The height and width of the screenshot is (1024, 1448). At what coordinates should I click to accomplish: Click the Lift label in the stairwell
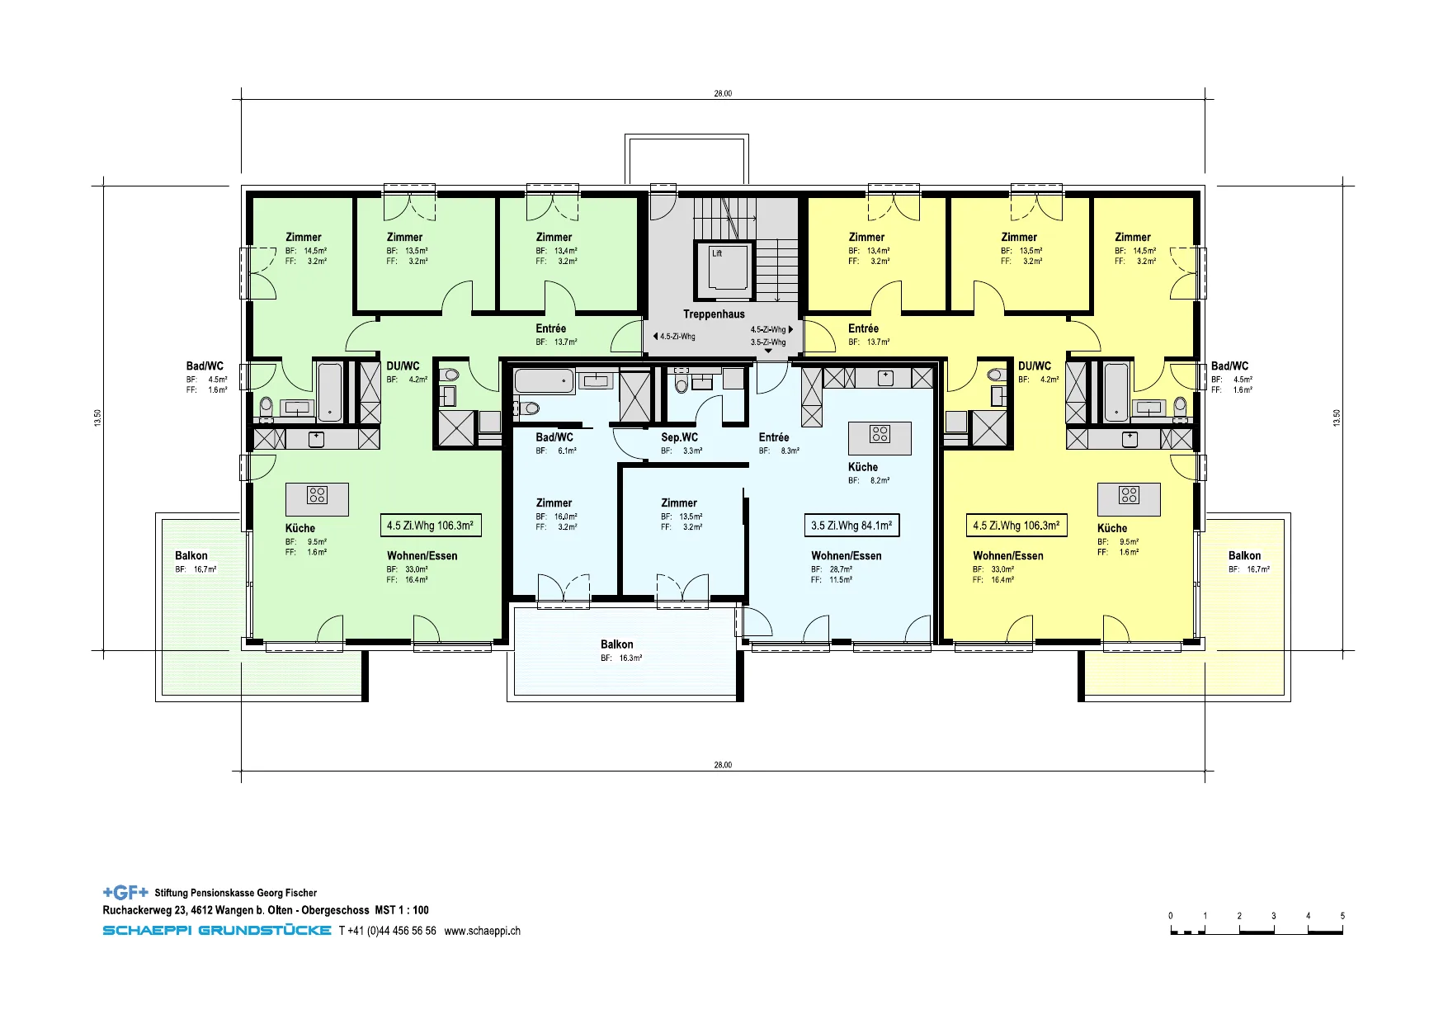coord(717,253)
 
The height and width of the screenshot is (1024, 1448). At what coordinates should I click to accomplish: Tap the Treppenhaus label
coord(714,314)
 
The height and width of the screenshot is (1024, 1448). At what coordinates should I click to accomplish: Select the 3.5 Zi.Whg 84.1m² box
coord(851,526)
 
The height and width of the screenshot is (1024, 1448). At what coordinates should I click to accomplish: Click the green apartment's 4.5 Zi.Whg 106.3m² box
coord(430,526)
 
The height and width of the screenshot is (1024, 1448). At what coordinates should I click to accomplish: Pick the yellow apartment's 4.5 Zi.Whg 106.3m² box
coord(1016,526)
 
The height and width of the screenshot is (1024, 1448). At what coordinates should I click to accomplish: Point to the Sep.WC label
coord(679,437)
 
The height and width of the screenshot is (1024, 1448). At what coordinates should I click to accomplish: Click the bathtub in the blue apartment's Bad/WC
coord(544,381)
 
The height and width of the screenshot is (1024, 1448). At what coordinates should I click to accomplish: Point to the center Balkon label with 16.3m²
coord(617,644)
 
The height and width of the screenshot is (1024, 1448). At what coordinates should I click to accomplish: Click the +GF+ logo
coord(125,892)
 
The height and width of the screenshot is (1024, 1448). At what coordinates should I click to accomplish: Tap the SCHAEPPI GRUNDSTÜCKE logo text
coord(217,931)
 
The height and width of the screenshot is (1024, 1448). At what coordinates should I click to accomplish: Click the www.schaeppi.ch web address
coord(482,931)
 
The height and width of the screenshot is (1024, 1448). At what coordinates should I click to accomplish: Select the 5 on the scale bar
coord(1342,916)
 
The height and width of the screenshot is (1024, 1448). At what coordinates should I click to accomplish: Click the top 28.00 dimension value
coord(723,93)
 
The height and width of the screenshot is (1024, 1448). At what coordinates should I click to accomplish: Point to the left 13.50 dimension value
coord(98,418)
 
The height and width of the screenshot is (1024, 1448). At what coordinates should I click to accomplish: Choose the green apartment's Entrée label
coord(550,328)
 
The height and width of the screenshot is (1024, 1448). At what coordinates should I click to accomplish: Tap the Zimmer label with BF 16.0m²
coord(554,503)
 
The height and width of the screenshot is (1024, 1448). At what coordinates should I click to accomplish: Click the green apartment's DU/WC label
coord(403,366)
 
